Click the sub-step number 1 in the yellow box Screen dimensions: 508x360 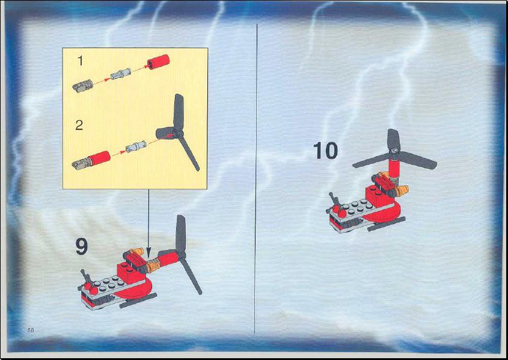point(81,61)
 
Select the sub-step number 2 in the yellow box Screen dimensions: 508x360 point(79,125)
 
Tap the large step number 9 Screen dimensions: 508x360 point(82,246)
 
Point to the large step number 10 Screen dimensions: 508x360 point(325,151)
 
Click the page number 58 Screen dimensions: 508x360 point(31,330)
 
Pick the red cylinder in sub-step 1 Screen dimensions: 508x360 point(159,61)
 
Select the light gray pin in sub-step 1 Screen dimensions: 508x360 point(120,74)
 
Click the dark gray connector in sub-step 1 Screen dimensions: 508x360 point(82,86)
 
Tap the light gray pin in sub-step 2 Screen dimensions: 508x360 point(136,147)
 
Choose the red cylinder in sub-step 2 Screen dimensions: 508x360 point(99,158)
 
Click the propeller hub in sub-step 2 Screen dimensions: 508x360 point(176,132)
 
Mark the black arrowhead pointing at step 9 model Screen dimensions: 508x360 point(148,253)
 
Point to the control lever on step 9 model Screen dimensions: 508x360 point(87,278)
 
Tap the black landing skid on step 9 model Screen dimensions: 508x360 point(138,301)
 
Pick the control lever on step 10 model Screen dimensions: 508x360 point(335,201)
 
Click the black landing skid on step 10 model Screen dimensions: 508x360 point(387,224)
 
